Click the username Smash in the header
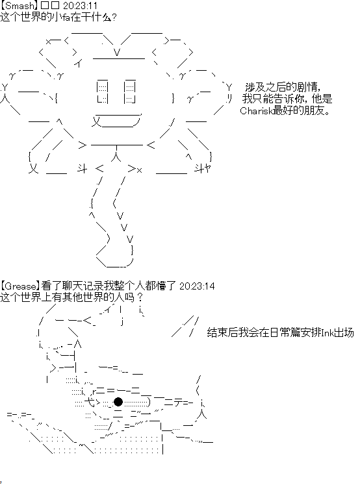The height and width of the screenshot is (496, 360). coord(19,6)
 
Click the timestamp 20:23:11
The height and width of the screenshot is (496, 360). coord(81,6)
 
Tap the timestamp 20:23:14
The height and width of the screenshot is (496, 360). coord(197,286)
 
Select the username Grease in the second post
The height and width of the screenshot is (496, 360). coord(21,286)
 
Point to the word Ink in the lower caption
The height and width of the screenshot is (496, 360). coord(327,333)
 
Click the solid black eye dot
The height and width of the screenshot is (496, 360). coord(118,402)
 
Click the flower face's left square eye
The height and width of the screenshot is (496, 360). coord(103,92)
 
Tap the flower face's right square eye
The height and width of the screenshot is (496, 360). coord(130,92)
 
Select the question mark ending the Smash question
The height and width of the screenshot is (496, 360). coord(114,17)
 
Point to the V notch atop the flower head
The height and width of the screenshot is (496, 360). coord(117,52)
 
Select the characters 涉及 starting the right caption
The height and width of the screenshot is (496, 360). coord(255,87)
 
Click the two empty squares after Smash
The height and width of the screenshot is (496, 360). coord(50,6)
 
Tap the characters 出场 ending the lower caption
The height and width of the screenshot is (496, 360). coord(344,333)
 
